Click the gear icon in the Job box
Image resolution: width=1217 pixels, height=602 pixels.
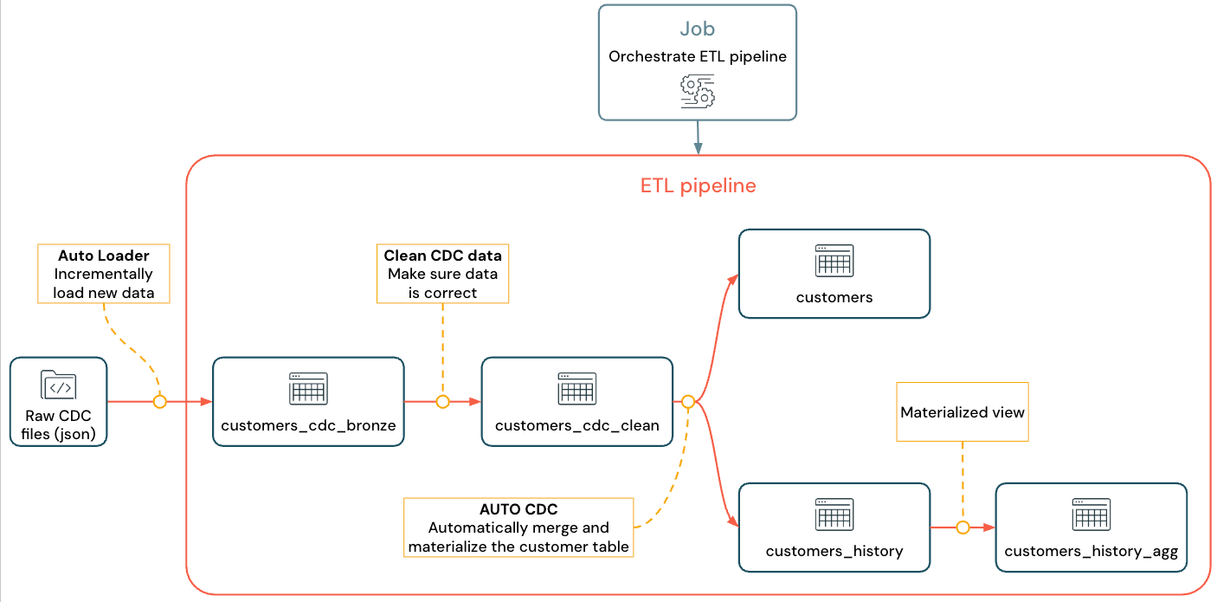(x=697, y=91)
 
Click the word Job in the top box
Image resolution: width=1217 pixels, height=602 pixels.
(x=697, y=29)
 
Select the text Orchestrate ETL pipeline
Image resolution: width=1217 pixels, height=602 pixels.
(x=697, y=56)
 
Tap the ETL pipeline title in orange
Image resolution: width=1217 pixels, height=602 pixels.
(x=698, y=185)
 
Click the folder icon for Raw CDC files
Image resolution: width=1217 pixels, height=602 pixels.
(x=59, y=385)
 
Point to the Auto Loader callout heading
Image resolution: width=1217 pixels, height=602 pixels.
(x=104, y=256)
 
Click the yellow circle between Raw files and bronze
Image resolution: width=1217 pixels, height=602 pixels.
(x=159, y=402)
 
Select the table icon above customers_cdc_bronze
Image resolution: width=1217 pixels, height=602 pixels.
(x=308, y=389)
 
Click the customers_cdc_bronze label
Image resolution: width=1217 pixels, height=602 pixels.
(x=308, y=425)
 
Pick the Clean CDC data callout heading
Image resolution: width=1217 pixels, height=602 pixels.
(x=442, y=256)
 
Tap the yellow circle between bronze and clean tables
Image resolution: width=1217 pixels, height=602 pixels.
(x=442, y=402)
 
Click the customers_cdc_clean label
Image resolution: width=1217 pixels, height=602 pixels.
(x=576, y=425)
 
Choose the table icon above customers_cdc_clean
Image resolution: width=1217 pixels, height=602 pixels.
(x=576, y=389)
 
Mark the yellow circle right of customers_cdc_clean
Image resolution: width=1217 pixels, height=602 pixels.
(x=688, y=402)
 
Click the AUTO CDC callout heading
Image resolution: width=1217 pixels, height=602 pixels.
(x=518, y=509)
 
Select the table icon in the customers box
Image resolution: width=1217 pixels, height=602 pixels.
(x=834, y=261)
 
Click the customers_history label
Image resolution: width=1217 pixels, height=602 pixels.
(x=834, y=551)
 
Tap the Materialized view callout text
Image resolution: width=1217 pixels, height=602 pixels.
(x=963, y=412)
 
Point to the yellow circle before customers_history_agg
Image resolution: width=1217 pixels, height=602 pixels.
(x=963, y=528)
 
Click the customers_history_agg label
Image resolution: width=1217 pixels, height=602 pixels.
(x=1091, y=551)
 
